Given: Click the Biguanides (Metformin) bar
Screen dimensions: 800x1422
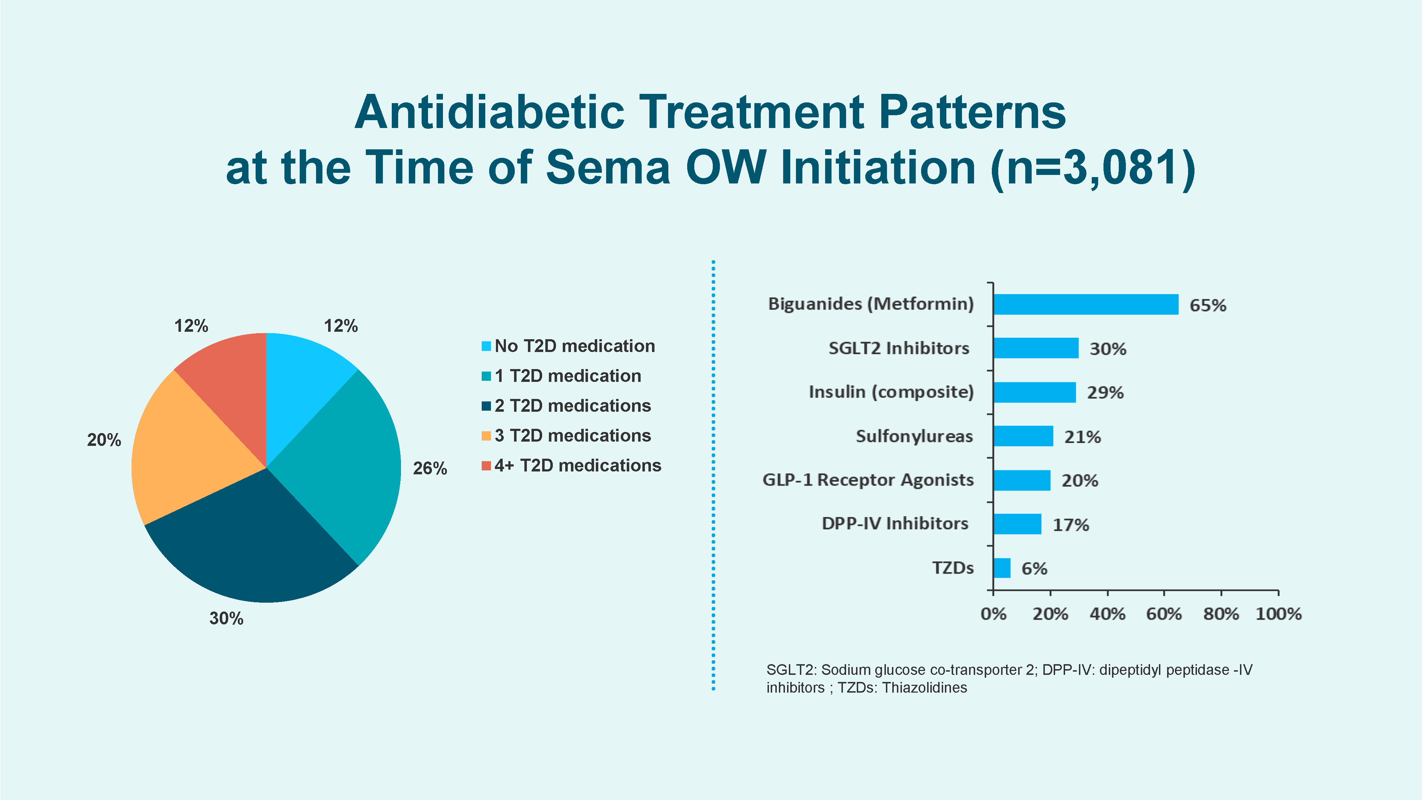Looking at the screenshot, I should [1085, 304].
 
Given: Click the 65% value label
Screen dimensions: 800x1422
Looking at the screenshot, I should [1207, 305].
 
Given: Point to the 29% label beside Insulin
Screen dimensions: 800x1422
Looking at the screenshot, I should [1105, 393].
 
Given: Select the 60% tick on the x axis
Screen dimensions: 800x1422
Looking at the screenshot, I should [1164, 613].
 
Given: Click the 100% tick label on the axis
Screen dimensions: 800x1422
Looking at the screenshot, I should [1278, 613].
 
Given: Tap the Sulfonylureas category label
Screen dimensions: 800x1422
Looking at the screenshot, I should [914, 436].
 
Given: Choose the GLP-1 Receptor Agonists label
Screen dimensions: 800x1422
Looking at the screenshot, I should [868, 480].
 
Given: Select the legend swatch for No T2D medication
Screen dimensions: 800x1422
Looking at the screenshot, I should [486, 346].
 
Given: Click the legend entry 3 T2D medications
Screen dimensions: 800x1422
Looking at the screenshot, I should [572, 436].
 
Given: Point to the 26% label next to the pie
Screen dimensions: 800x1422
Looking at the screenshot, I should [429, 468].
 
